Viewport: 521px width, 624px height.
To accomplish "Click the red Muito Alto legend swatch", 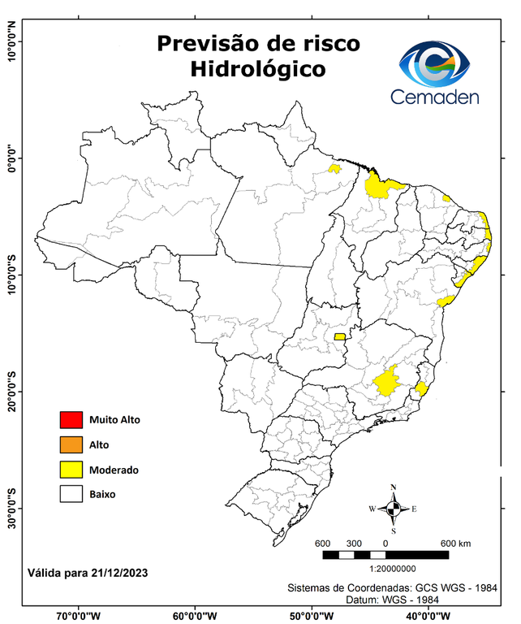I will click(71, 420).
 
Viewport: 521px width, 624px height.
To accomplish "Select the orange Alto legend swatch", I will click(71, 444).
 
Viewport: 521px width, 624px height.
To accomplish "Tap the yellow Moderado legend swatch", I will click(71, 470).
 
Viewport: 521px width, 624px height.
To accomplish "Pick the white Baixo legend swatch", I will click(71, 494).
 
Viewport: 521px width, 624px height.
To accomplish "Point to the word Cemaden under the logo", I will click(435, 97).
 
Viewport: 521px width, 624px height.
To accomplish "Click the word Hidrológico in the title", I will click(257, 69).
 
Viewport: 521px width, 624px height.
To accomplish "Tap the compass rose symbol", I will click(393, 509).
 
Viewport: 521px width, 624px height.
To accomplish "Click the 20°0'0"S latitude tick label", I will click(11, 392).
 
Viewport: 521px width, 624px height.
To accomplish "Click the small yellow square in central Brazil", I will click(339, 336).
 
